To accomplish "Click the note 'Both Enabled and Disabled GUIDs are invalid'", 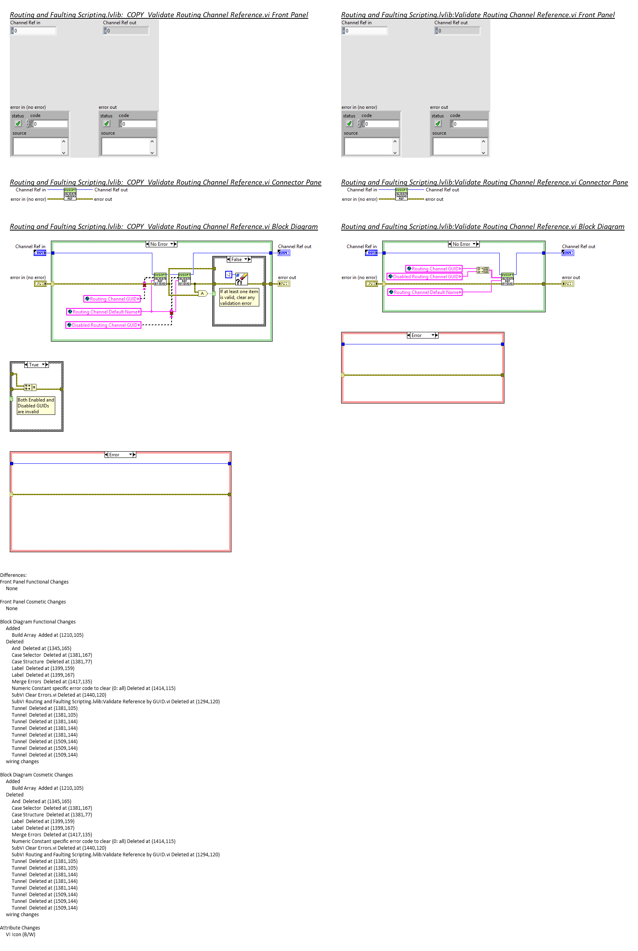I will tap(35, 405).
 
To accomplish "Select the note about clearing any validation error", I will tap(239, 297).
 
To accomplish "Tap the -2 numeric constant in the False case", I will tap(229, 275).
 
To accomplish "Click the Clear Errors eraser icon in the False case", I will tap(242, 278).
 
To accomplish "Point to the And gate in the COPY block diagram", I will tap(202, 293).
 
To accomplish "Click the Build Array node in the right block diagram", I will tap(483, 270).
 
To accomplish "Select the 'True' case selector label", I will tap(34, 365).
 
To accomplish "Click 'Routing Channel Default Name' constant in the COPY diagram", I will tap(104, 312).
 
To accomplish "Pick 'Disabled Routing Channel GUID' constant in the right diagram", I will tap(425, 276).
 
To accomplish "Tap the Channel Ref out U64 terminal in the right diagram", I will tap(567, 253).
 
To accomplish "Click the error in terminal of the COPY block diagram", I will tap(40, 284).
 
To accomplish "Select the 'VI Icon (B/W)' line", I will tap(20, 934).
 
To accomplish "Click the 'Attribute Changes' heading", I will tap(20, 928).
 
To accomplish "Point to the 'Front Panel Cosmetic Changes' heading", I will tap(33, 602).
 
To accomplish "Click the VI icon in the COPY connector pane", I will tap(70, 195).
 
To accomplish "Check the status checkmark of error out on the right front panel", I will tap(438, 124).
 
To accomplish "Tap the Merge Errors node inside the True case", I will tap(30, 387).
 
